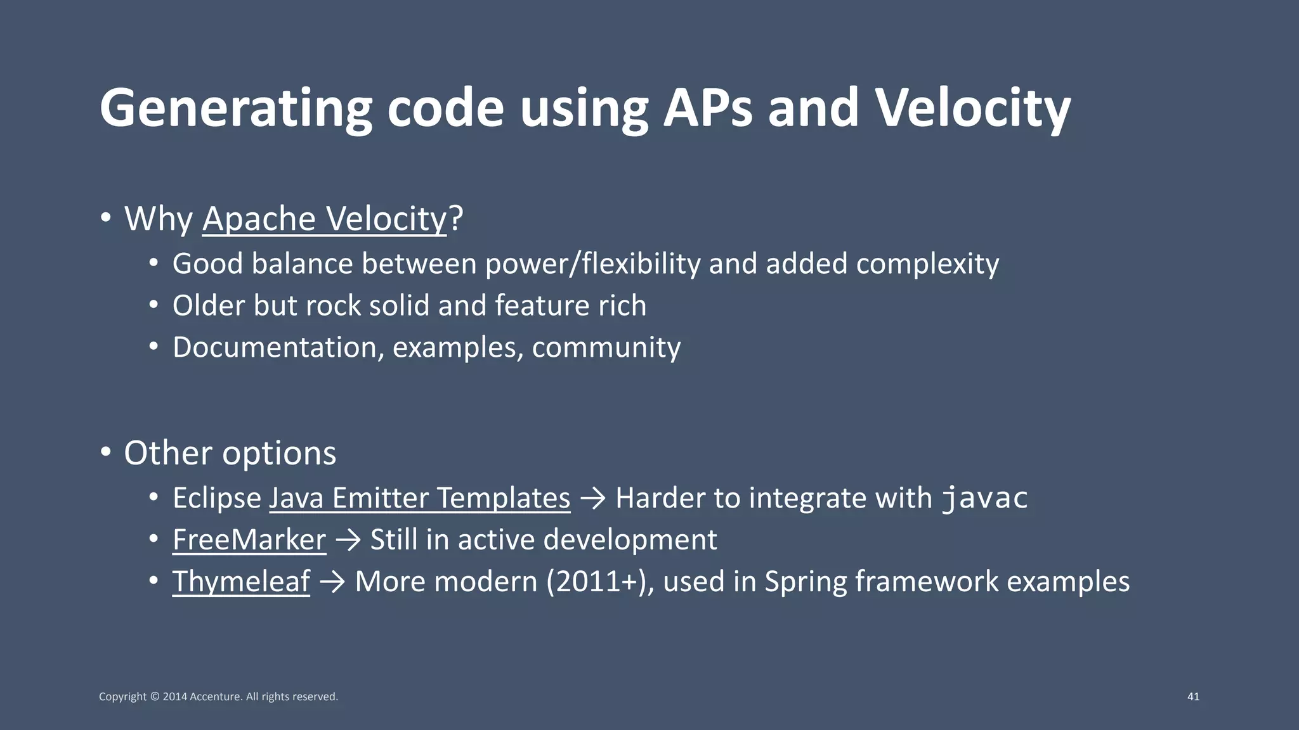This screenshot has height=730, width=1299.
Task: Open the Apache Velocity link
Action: [324, 219]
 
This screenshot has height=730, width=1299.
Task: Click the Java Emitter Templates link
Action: [419, 498]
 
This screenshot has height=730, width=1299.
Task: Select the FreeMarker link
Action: [249, 540]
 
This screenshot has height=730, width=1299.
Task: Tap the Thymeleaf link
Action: [241, 582]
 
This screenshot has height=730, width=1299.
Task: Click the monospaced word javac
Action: [984, 498]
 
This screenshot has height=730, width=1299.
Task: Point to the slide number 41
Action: [1192, 696]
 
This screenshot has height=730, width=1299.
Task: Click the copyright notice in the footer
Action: [218, 696]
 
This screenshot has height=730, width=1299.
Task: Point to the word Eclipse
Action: [216, 498]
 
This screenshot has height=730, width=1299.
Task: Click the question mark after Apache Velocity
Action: [456, 219]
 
